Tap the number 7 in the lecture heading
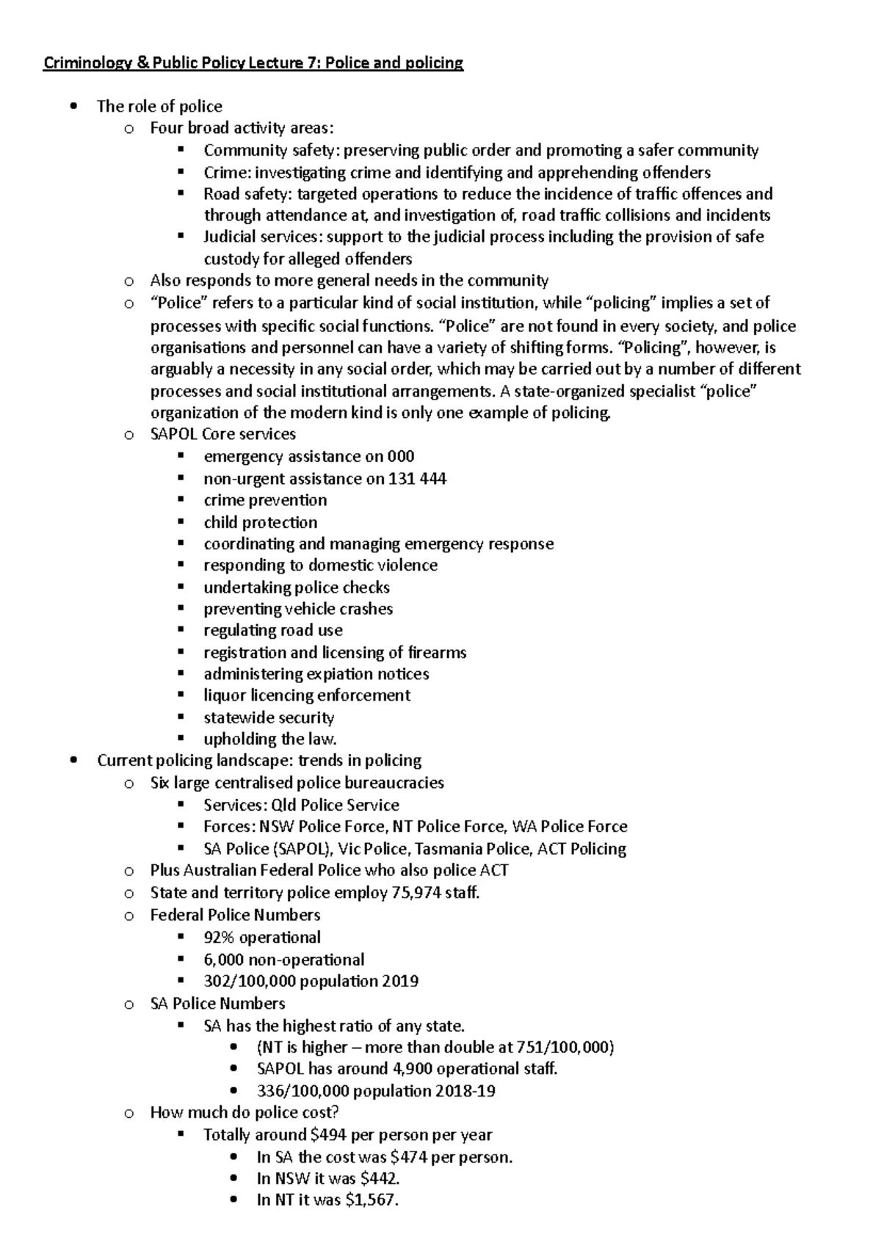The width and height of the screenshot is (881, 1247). tap(302, 63)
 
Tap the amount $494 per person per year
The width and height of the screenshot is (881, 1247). tap(328, 1135)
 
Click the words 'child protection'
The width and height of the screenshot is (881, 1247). tap(261, 523)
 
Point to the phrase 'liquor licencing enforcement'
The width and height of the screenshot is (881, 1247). tap(307, 695)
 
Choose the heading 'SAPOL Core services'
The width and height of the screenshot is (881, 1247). tap(223, 434)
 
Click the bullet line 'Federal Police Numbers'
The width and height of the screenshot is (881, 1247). tap(235, 915)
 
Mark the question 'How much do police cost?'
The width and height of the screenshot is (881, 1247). tap(244, 1113)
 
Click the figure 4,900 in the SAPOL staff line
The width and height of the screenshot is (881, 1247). tap(388, 1069)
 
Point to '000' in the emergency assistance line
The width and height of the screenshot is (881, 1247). tap(401, 457)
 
